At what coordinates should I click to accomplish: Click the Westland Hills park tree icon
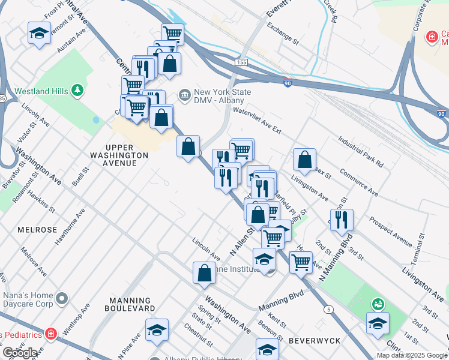point(77,91)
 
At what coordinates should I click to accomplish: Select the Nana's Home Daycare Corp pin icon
point(61,298)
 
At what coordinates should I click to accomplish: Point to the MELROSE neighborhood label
point(37,230)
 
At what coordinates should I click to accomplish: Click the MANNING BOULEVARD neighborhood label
point(130,304)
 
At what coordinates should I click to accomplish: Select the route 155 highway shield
point(241,62)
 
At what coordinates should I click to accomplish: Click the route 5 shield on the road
point(328,309)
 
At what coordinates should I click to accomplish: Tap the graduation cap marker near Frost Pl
point(40,33)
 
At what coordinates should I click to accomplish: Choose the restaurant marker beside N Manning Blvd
point(342,220)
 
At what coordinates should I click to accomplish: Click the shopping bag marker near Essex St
point(305,160)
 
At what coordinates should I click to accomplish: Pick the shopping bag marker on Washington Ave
point(204,272)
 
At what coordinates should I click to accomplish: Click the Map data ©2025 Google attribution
point(412,355)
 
